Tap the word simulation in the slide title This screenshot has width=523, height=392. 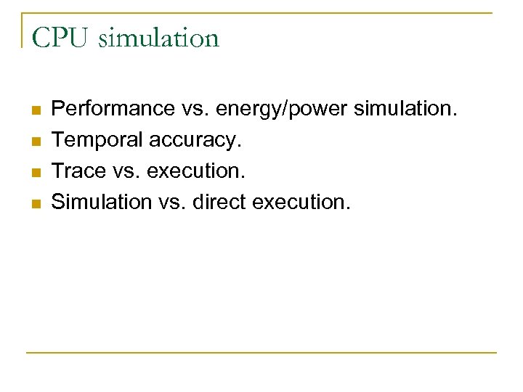pyautogui.click(x=158, y=38)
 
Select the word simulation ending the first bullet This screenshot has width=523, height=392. pyautogui.click(x=406, y=109)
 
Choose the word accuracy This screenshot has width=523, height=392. pyautogui.click(x=195, y=140)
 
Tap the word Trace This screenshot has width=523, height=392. pyautogui.click(x=75, y=171)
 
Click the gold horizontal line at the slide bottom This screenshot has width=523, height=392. pyautogui.click(x=261, y=353)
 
